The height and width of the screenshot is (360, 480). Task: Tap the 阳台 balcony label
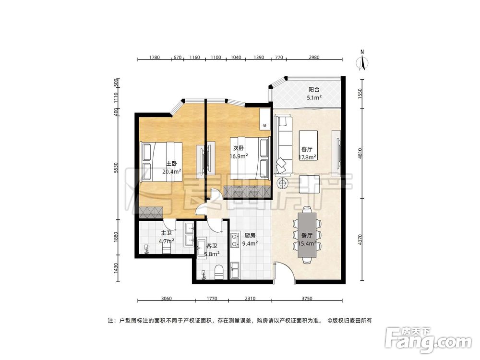(314, 90)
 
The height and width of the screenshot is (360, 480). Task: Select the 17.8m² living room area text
(307, 157)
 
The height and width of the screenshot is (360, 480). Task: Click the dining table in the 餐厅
(307, 235)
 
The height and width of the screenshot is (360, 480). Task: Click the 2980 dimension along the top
(314, 57)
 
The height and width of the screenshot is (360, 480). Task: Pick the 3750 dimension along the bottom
(307, 299)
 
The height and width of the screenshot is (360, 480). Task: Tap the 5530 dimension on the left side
(115, 168)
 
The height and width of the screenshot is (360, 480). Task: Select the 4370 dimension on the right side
(360, 240)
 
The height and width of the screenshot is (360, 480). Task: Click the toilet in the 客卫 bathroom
(219, 273)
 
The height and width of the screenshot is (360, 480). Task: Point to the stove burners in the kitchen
(235, 240)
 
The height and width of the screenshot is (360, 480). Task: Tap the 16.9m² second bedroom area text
(239, 156)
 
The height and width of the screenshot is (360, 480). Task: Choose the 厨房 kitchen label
(250, 235)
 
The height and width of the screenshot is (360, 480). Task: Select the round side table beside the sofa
(283, 183)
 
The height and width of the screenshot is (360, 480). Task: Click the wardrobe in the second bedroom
(247, 192)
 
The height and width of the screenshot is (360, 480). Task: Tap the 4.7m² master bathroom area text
(167, 241)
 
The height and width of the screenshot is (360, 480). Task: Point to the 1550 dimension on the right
(360, 93)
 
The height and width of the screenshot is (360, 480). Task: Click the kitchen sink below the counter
(235, 270)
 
